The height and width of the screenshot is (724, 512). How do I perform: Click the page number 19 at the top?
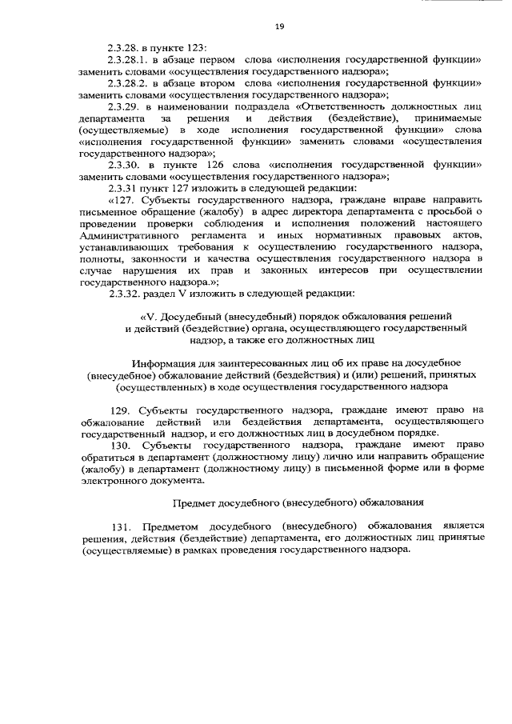coord(279,26)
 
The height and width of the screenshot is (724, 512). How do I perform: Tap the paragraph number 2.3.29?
coord(123,106)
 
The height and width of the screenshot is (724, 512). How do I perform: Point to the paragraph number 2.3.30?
coord(123,163)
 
